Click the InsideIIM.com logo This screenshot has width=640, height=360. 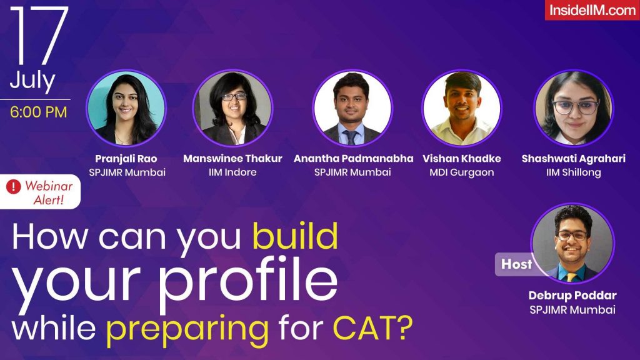[591, 10]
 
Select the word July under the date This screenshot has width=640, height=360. [32, 81]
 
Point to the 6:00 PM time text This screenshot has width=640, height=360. [38, 113]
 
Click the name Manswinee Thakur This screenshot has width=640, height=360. [232, 159]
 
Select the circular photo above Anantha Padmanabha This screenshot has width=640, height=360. [352, 108]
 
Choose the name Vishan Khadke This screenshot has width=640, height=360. [462, 159]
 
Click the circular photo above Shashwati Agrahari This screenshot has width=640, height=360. [574, 108]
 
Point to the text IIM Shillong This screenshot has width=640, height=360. [574, 172]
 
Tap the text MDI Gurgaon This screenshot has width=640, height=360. [462, 172]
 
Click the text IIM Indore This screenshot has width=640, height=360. [232, 172]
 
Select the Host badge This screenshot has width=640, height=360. [516, 264]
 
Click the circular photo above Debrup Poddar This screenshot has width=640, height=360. [572, 244]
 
